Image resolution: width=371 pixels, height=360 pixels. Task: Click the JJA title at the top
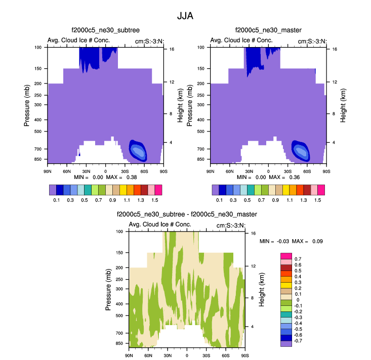[185, 16]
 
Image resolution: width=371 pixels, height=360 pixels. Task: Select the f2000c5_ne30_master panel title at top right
[268, 31]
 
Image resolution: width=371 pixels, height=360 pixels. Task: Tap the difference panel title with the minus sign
[187, 214]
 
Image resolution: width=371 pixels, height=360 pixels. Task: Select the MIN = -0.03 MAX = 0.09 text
[291, 241]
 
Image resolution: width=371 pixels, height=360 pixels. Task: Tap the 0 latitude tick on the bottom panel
[187, 355]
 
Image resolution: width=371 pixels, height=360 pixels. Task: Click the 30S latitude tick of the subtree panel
[125, 171]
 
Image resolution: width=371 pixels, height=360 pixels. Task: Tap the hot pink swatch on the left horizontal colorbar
[158, 190]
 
